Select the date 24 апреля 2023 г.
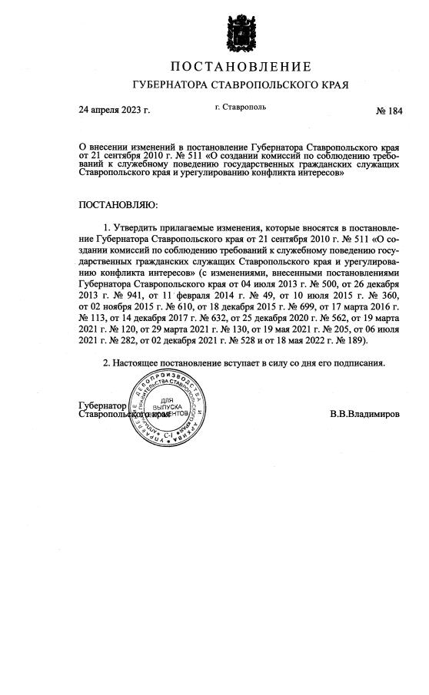[x=115, y=111]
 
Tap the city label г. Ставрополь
[x=241, y=107]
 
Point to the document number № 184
[x=388, y=111]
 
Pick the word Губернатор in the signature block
[x=102, y=404]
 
